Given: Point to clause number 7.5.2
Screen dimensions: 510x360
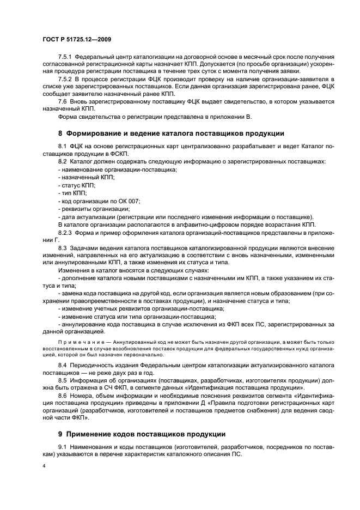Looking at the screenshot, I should tap(65, 79).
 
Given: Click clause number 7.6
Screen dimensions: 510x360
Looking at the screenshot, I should tap(63, 101).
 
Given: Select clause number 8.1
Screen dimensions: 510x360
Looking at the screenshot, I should tap(63, 147).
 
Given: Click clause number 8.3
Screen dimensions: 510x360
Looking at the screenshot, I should tap(63, 248).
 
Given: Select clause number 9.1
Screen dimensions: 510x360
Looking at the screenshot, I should tap(63, 448).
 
